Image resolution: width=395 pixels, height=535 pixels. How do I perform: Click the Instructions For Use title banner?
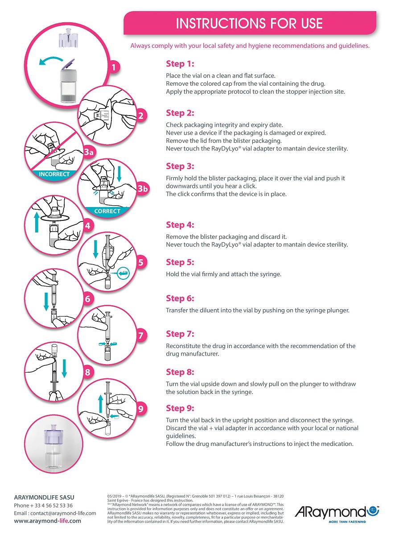click(x=250, y=23)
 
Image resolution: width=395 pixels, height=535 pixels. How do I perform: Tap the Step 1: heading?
click(x=180, y=63)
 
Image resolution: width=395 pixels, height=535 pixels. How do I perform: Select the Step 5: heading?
click(x=180, y=262)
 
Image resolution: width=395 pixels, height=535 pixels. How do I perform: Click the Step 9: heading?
click(x=180, y=408)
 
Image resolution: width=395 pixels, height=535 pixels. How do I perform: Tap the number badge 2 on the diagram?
click(x=141, y=116)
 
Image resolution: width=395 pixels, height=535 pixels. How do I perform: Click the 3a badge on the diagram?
click(x=89, y=152)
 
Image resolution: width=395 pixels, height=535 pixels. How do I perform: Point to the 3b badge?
click(x=143, y=189)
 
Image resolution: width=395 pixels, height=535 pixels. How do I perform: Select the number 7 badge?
click(x=141, y=336)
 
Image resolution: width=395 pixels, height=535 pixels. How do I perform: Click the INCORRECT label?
click(x=54, y=174)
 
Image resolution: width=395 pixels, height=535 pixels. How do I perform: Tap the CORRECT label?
click(x=107, y=211)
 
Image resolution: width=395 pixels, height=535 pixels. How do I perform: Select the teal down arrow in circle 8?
click(x=64, y=369)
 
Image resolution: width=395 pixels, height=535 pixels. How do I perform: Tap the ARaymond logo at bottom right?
click(x=337, y=514)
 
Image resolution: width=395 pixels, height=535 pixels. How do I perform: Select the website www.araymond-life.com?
click(x=47, y=521)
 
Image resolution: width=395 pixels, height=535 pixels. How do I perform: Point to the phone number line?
click(x=43, y=505)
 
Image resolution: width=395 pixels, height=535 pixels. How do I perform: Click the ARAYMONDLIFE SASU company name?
click(x=44, y=498)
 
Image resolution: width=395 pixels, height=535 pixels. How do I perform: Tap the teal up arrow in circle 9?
click(x=101, y=404)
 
